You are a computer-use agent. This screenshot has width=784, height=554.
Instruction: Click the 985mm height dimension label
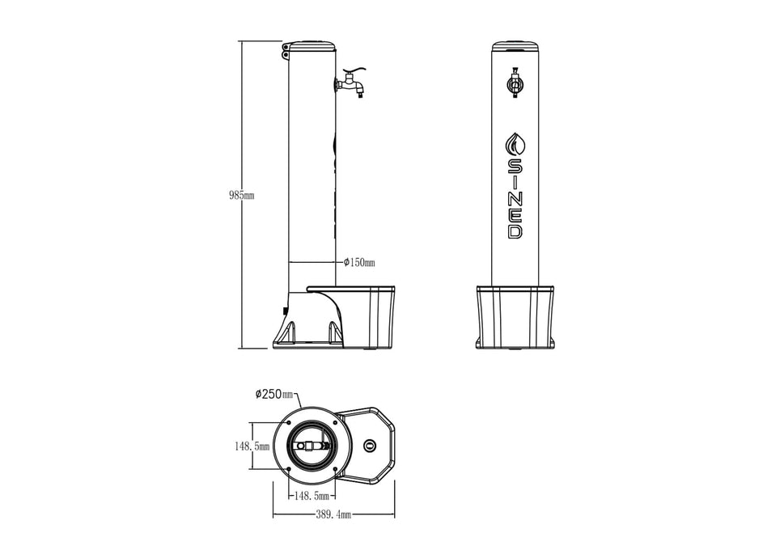tap(241, 196)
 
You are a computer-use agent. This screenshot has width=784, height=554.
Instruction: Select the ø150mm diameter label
tap(359, 262)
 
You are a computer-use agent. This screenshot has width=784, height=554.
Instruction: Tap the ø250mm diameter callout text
tap(273, 394)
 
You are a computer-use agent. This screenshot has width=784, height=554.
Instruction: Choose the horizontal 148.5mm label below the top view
tap(311, 493)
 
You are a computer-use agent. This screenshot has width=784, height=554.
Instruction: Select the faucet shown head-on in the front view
tap(515, 84)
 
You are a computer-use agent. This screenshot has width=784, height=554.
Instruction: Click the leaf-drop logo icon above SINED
tap(515, 144)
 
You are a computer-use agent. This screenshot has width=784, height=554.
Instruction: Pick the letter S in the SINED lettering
tap(515, 166)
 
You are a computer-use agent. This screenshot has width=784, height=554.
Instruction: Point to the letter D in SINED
tap(515, 231)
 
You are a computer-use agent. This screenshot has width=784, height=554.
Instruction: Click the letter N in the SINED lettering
tap(515, 199)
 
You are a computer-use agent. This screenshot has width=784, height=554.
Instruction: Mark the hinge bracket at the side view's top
tap(286, 53)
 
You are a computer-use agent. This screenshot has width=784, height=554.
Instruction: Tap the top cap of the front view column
tap(515, 45)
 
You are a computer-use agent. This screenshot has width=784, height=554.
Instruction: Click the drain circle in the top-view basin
tap(371, 446)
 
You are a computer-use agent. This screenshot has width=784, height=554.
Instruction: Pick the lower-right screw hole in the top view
tap(334, 467)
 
